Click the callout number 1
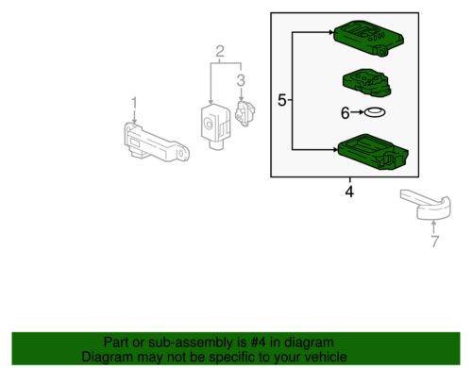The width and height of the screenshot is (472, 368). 134,103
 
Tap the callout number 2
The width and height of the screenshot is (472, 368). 220,51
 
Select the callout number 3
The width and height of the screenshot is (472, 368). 241,80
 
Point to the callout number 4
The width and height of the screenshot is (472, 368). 349,192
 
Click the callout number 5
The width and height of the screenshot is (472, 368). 282,101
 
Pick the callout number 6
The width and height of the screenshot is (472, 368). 346,113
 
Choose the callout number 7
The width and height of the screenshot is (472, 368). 434,242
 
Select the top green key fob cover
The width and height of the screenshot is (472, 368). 369,39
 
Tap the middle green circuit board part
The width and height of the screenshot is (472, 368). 367,82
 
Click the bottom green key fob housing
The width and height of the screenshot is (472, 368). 373,152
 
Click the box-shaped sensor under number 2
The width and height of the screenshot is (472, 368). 215,125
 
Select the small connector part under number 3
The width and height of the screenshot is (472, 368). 244,113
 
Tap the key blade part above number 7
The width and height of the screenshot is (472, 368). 426,204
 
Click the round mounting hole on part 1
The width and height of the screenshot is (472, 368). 181,154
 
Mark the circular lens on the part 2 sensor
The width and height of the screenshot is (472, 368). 208,124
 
